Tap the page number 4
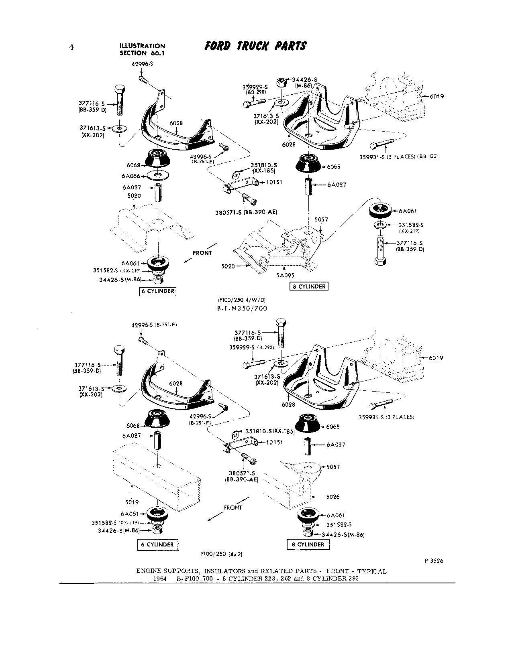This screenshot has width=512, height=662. pos(71,47)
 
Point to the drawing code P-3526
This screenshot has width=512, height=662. pos(434,561)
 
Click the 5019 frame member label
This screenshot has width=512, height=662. pos(133,502)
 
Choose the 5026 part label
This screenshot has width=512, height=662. pos(332,497)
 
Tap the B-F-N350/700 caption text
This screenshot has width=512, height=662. pos(242,308)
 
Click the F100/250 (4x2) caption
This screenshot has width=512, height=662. pos(222,554)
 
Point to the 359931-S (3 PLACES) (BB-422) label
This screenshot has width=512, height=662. pos(398,157)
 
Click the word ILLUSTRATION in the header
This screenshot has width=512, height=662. pos(142,46)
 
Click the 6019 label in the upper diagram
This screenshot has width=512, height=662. pos(437,97)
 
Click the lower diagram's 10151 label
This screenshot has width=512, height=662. pos(275,442)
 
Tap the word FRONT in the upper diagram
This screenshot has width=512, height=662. pos(202,253)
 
